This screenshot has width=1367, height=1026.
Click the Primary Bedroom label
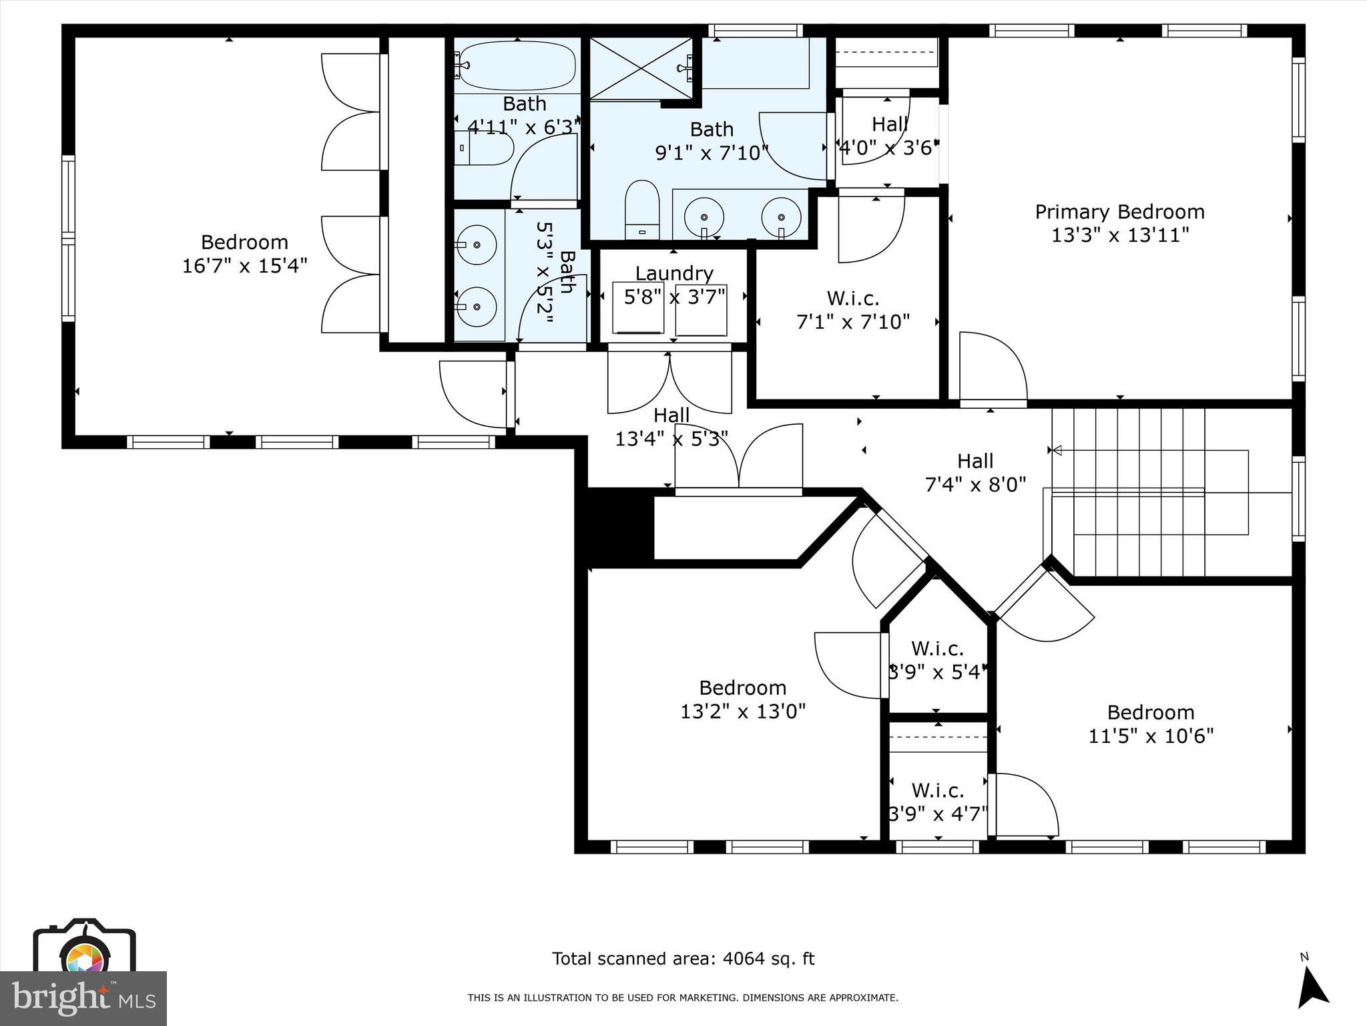1119,212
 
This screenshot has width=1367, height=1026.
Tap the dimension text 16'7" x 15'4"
244,266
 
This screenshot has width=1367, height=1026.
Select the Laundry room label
673,273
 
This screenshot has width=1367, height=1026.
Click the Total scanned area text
683,959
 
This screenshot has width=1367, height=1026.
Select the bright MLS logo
83,998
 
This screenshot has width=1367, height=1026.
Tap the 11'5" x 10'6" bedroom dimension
1151,736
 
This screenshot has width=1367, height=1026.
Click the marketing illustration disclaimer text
683,998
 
